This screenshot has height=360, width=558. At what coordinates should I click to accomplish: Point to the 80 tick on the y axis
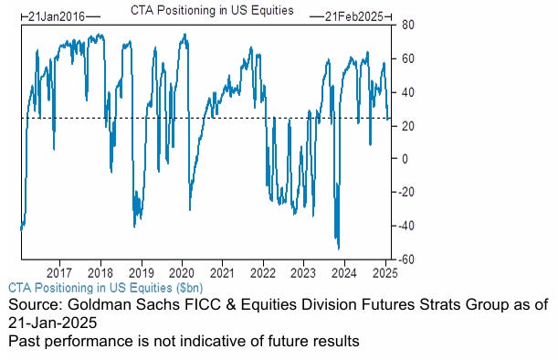coord(408,25)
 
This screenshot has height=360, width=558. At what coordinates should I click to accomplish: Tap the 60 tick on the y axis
coord(408,58)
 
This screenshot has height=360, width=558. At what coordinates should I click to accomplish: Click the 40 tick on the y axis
coord(408,92)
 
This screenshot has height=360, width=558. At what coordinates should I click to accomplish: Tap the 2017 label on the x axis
coord(59,272)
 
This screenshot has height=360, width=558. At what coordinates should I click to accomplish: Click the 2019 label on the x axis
coord(141,272)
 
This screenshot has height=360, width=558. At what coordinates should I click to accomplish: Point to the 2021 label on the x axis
coord(222,272)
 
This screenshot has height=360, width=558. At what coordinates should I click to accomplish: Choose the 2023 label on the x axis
coord(303,272)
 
